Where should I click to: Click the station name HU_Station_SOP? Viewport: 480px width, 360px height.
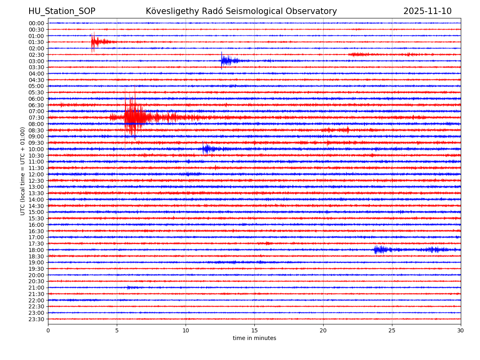[x=62, y=12]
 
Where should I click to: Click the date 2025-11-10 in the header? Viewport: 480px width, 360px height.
[x=427, y=12]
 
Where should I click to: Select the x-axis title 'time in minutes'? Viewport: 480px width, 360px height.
[x=254, y=338]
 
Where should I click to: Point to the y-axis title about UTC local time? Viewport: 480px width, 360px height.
[x=23, y=171]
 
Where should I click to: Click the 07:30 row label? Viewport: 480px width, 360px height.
[x=36, y=118]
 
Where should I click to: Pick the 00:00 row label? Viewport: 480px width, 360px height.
[x=36, y=23]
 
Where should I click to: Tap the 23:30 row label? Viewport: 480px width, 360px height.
[x=36, y=319]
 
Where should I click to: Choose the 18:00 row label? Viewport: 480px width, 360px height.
[x=36, y=250]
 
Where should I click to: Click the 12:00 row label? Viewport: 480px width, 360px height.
[x=36, y=174]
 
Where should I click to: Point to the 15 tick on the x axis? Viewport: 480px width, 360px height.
[x=254, y=331]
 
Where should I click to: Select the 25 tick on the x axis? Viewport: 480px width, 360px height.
[x=392, y=331]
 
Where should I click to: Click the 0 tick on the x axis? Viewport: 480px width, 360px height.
[x=48, y=331]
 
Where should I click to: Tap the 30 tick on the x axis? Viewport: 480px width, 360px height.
[x=461, y=331]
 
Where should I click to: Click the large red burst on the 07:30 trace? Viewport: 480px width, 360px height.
[x=134, y=117]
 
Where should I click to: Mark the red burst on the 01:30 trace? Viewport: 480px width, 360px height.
[x=96, y=42]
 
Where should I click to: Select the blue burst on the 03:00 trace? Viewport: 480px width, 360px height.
[x=226, y=61]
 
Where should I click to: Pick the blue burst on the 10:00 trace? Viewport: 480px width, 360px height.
[x=207, y=149]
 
